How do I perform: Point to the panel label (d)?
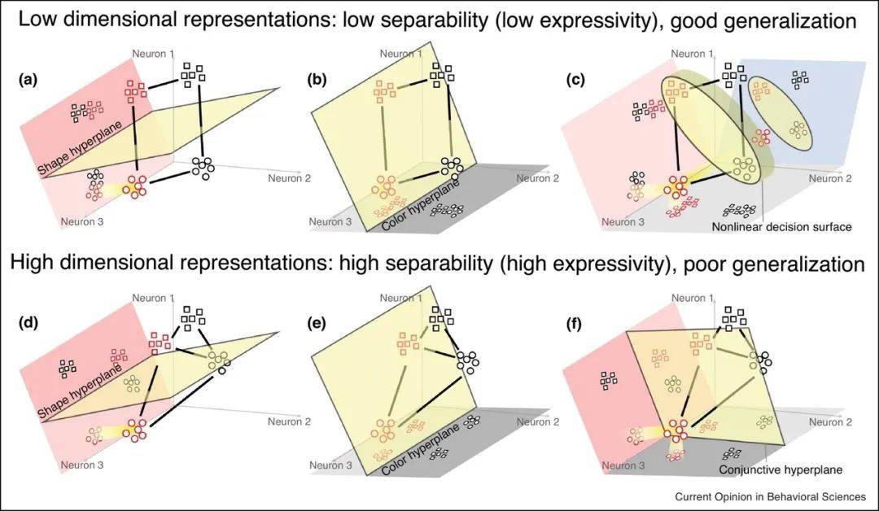coord(27,324)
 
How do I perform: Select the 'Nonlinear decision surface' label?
coord(781,227)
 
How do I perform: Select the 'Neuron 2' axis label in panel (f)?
coord(830,422)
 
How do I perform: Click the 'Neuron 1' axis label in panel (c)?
coord(693,53)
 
